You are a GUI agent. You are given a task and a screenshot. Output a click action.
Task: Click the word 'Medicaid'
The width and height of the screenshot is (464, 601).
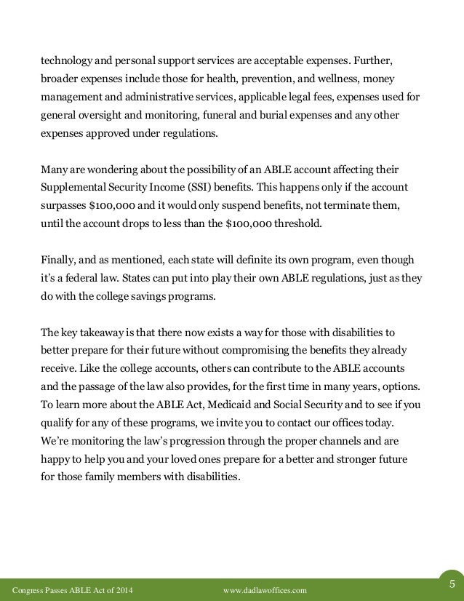[248, 405]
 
